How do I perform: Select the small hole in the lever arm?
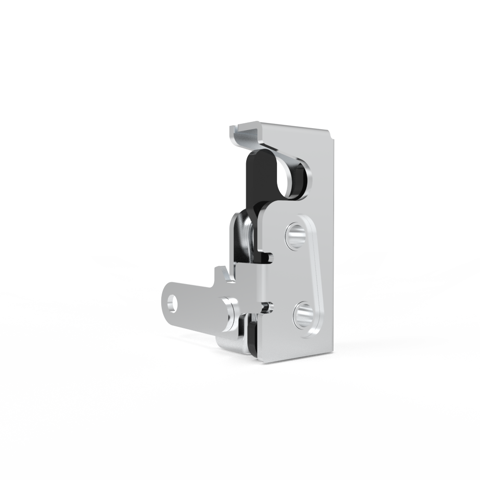point(170,303)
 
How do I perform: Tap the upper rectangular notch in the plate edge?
point(269,258)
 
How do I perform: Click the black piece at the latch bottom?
point(251,338)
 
